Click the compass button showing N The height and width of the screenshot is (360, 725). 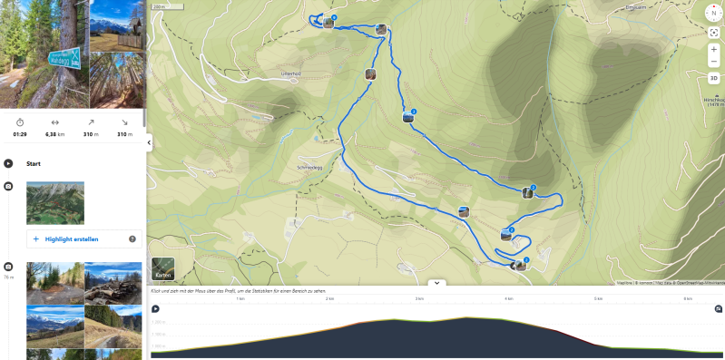[x=713, y=13]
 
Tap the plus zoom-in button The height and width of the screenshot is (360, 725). [x=713, y=50]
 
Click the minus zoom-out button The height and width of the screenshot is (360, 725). [x=713, y=62]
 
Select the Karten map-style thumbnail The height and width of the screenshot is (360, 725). [x=163, y=269]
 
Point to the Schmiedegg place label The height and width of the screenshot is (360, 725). [x=309, y=168]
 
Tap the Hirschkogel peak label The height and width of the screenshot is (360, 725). [x=714, y=101]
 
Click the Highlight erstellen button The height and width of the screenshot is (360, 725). [x=77, y=239]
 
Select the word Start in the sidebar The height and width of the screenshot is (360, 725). [x=34, y=164]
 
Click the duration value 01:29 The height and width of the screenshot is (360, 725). [x=20, y=133]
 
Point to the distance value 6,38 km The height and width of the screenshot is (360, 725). [x=54, y=133]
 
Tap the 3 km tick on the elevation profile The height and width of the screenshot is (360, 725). [x=419, y=298]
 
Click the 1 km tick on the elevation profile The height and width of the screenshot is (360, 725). [x=240, y=298]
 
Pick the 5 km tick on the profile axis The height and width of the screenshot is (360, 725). [x=598, y=298]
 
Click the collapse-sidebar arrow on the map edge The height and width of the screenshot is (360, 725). [x=149, y=141]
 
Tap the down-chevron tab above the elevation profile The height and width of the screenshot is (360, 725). [x=436, y=283]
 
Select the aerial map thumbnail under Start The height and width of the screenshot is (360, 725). [x=55, y=202]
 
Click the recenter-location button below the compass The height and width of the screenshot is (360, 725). [x=713, y=32]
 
